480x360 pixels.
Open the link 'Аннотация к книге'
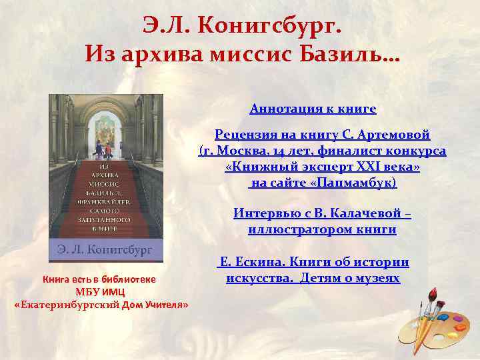pos(313,109)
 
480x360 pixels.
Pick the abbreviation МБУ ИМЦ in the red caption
pos(101,292)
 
